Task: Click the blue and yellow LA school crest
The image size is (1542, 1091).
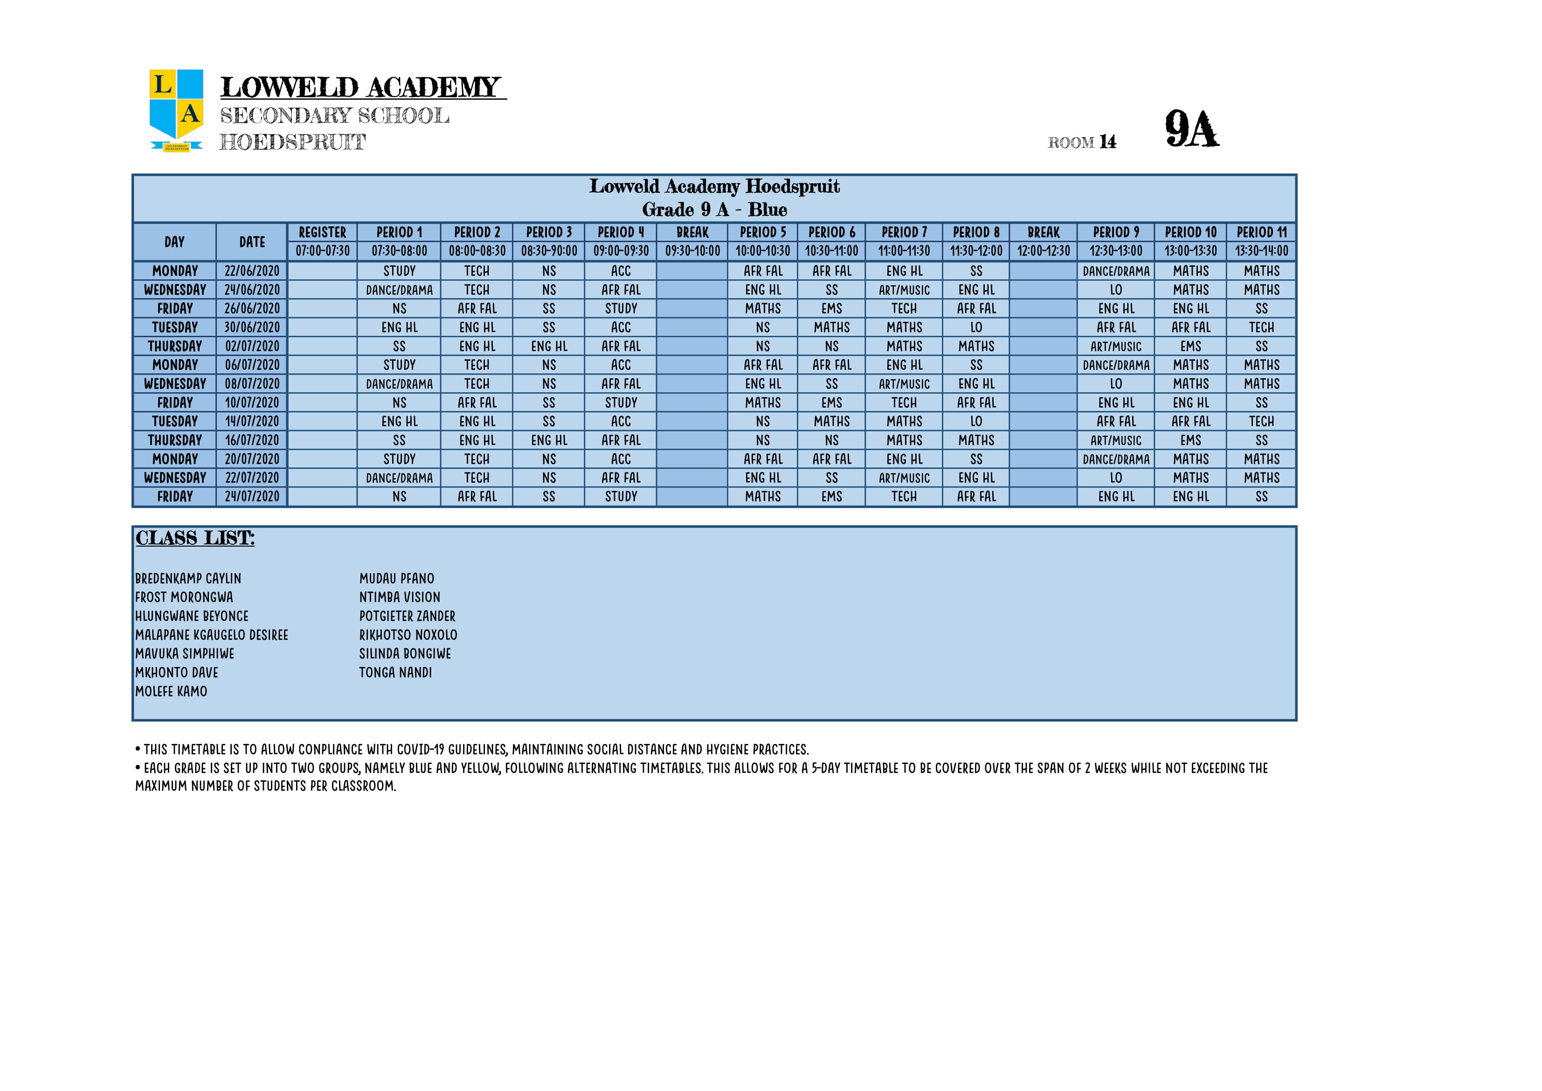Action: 176,110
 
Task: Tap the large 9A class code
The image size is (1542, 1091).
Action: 1191,129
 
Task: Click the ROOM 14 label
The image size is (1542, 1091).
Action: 1082,142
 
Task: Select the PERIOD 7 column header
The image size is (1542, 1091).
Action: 904,232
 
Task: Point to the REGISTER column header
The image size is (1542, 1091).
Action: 322,232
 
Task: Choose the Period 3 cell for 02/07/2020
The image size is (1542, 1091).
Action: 549,347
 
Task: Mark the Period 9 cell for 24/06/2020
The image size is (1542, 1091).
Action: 1115,290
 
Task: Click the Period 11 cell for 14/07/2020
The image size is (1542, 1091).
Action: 1261,422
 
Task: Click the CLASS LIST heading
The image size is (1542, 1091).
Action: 195,538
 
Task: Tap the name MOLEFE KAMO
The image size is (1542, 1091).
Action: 171,691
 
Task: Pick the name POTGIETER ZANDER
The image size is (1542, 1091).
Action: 407,616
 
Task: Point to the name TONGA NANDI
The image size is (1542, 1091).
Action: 395,673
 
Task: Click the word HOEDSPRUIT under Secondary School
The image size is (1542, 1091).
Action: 292,142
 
